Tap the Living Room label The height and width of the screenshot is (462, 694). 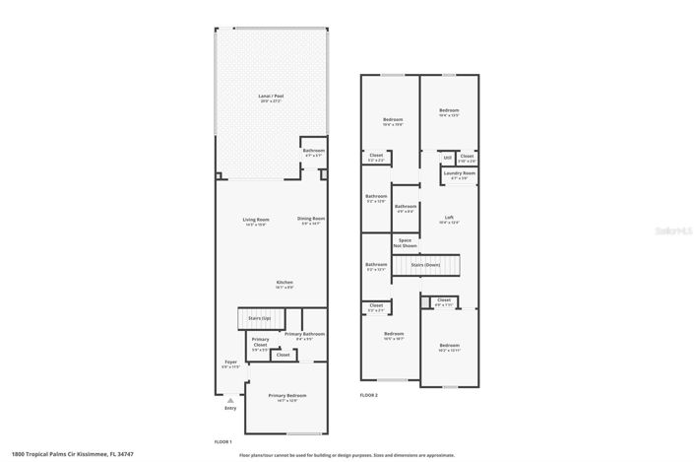point(257,220)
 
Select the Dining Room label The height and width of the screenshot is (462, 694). point(311,220)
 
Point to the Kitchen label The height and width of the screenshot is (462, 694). point(284,284)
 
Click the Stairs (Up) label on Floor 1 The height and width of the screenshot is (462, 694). point(260,318)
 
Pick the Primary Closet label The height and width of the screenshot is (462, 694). point(260,344)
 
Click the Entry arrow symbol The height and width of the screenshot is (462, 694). point(229,400)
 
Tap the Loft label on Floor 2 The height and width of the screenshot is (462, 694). point(449,219)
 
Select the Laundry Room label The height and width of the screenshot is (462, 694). point(459,174)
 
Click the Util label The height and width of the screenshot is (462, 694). point(446,157)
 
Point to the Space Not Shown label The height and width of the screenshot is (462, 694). point(404,242)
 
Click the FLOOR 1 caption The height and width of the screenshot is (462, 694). point(223,442)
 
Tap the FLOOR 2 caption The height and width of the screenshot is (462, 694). point(368,395)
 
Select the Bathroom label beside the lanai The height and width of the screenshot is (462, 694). point(314,152)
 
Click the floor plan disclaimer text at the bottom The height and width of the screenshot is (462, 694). point(347,455)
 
